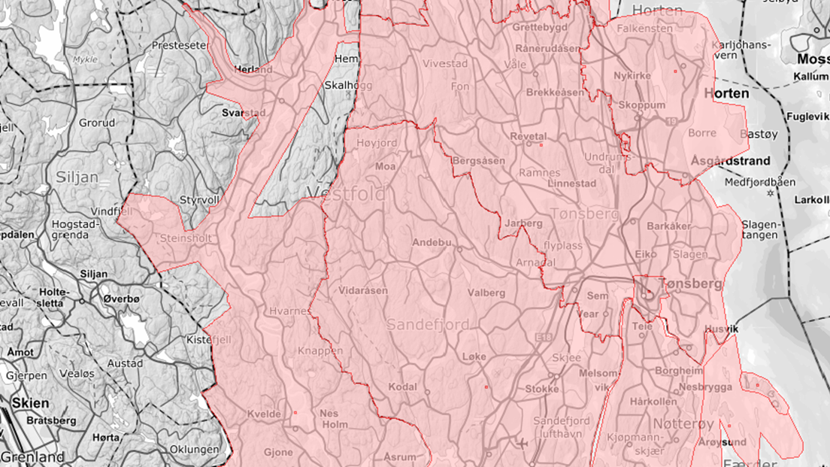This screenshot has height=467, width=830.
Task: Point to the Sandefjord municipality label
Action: (428, 325)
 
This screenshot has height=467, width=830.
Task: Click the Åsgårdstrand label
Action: (730, 161)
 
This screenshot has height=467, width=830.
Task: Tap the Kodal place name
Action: (402, 387)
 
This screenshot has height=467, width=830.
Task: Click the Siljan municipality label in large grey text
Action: (77, 178)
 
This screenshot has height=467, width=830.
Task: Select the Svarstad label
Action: (244, 113)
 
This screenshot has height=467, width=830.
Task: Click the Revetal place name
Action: (528, 136)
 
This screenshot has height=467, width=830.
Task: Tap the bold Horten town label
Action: (726, 94)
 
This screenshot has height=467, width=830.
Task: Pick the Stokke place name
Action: (541, 390)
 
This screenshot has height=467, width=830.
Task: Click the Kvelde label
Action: (263, 414)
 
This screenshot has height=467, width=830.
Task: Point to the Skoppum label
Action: (641, 105)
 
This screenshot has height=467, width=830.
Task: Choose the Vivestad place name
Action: (444, 64)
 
